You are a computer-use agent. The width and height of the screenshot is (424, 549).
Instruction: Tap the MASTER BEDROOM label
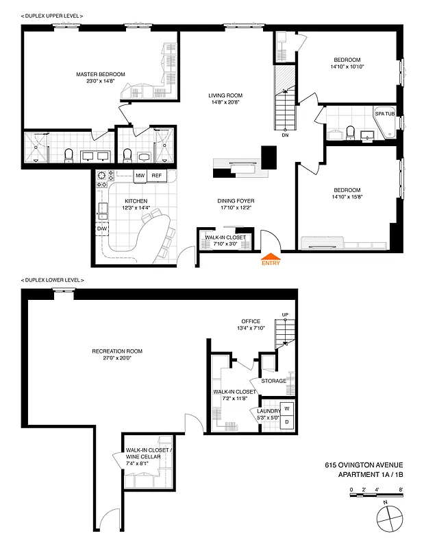pyautogui.click(x=101, y=74)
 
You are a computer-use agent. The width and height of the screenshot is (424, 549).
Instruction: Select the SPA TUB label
pyautogui.click(x=384, y=114)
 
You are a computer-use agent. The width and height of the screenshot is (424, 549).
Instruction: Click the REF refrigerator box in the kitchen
pyautogui.click(x=157, y=176)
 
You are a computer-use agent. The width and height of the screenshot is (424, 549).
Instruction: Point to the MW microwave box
pyautogui.click(x=140, y=176)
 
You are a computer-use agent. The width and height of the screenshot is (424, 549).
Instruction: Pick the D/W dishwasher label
pyautogui.click(x=102, y=229)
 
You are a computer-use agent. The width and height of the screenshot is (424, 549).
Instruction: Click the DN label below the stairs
pyautogui.click(x=285, y=135)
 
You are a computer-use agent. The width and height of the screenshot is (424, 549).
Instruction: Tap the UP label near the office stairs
pyautogui.click(x=285, y=316)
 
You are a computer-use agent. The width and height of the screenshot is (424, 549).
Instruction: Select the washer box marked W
pyautogui.click(x=287, y=408)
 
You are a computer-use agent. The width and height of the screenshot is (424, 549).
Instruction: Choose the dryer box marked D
pyautogui.click(x=287, y=422)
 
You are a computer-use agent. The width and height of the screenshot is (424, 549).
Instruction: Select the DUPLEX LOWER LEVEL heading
pyautogui.click(x=53, y=280)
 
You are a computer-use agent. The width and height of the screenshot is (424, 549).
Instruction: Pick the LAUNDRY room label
pyautogui.click(x=269, y=411)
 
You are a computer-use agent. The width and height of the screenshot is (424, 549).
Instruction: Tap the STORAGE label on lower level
pyautogui.click(x=273, y=381)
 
